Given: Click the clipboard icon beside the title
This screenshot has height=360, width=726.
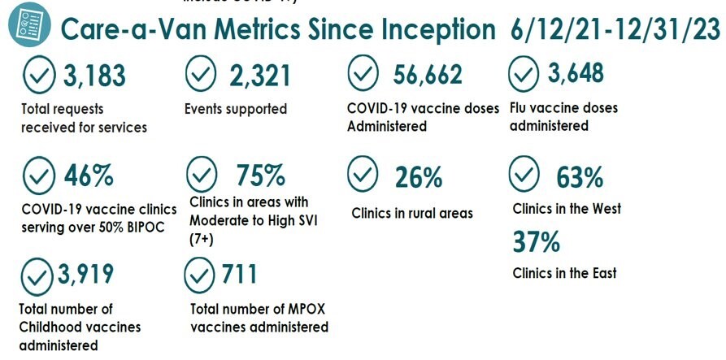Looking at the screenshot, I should click(x=27, y=25).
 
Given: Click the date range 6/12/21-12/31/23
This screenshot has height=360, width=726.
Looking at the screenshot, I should click(x=615, y=30).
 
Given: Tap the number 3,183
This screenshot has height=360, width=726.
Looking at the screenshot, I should click(x=94, y=76).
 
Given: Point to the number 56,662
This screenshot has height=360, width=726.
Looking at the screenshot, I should click(x=428, y=76).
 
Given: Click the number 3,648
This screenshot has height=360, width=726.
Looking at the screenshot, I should click(x=576, y=74).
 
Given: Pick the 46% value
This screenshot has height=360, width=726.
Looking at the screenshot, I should click(x=89, y=175).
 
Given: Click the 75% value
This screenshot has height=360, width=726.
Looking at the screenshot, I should click(x=260, y=175).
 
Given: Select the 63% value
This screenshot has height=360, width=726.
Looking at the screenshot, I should click(x=580, y=176).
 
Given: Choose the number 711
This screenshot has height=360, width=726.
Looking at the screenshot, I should click(x=239, y=275).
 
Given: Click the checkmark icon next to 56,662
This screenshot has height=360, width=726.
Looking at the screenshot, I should click(x=363, y=76).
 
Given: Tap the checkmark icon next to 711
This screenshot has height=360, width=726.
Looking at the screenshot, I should click(x=200, y=275).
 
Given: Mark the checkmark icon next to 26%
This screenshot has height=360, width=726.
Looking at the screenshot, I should click(x=363, y=174).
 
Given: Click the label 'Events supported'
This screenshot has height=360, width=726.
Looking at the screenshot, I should click(x=236, y=108).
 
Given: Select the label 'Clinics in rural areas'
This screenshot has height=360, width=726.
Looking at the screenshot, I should click(x=412, y=214).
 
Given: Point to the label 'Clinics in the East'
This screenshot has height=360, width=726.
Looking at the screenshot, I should click(x=564, y=274).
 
